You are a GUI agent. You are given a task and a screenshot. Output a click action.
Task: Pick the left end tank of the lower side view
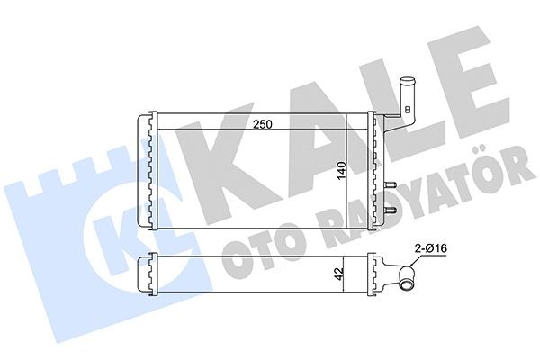click(146, 274)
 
